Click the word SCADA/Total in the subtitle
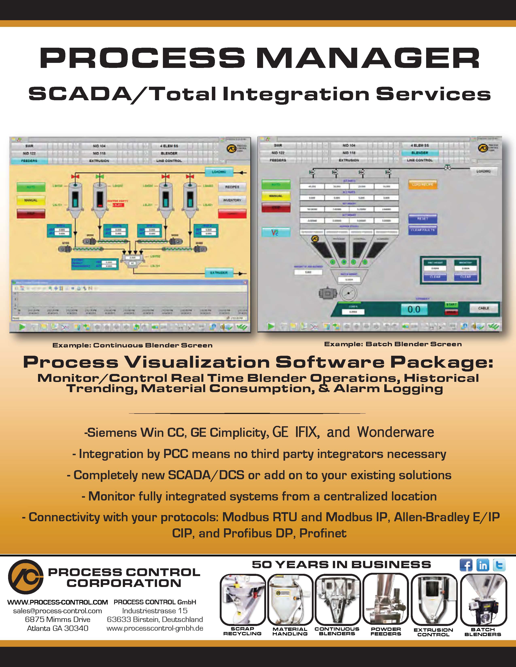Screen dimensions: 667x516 coord(122,94)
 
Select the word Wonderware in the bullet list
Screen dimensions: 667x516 coord(396,432)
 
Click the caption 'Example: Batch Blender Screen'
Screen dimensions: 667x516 coord(393,344)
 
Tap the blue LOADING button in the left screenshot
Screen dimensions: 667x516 coord(219,172)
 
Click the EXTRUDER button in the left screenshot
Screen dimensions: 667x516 coord(219,272)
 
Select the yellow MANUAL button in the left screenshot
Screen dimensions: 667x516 coord(31,200)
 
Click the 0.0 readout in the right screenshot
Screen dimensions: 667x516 coord(414,309)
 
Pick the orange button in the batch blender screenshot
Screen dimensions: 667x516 coord(423,185)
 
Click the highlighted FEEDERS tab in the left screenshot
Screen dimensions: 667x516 coord(29,161)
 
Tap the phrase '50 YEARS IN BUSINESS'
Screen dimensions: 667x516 coord(341,565)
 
